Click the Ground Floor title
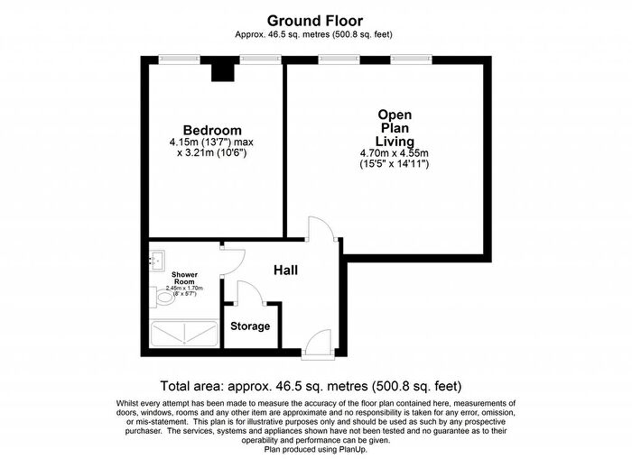(x=315, y=20)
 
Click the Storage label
(x=250, y=326)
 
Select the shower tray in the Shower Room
(x=182, y=334)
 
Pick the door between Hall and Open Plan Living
(x=321, y=230)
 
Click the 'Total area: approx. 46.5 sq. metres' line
(x=315, y=384)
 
